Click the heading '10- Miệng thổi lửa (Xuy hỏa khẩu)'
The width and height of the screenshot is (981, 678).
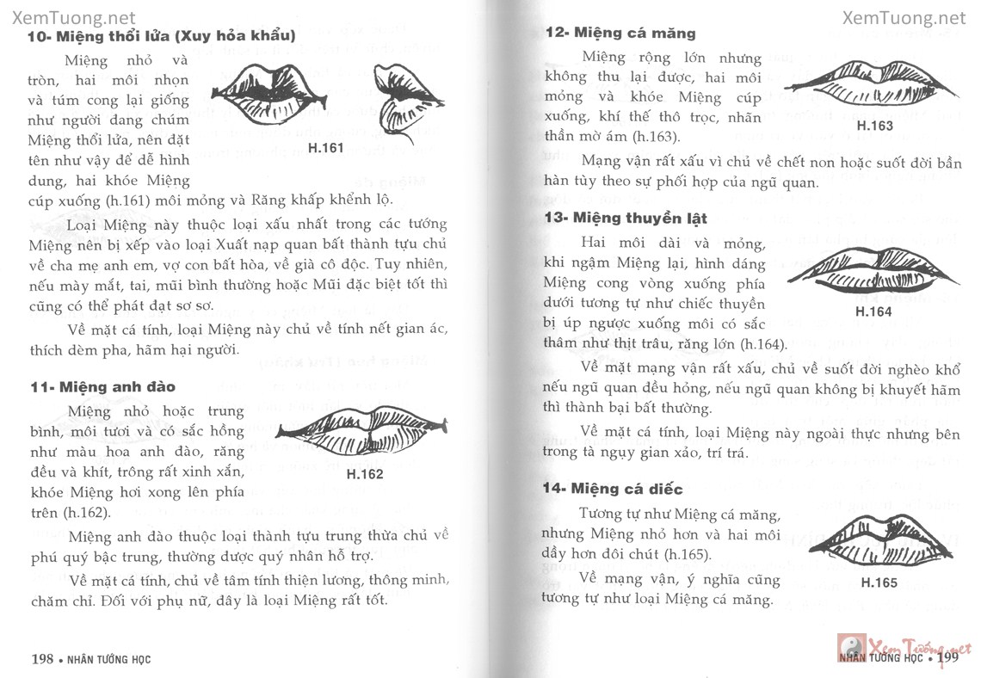point(161,36)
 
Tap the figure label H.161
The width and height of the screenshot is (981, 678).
point(325,148)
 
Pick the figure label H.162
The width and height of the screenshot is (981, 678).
point(364,473)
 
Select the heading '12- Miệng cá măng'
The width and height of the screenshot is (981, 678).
point(620,33)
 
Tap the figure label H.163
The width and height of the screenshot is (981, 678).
point(875,126)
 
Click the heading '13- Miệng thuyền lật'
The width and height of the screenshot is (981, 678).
point(626,218)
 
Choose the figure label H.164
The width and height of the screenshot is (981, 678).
point(873,311)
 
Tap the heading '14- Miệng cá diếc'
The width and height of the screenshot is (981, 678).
point(613,489)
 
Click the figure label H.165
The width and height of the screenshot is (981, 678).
point(879,582)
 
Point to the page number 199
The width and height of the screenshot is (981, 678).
point(948,660)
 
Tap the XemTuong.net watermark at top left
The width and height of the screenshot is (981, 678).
point(69,17)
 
